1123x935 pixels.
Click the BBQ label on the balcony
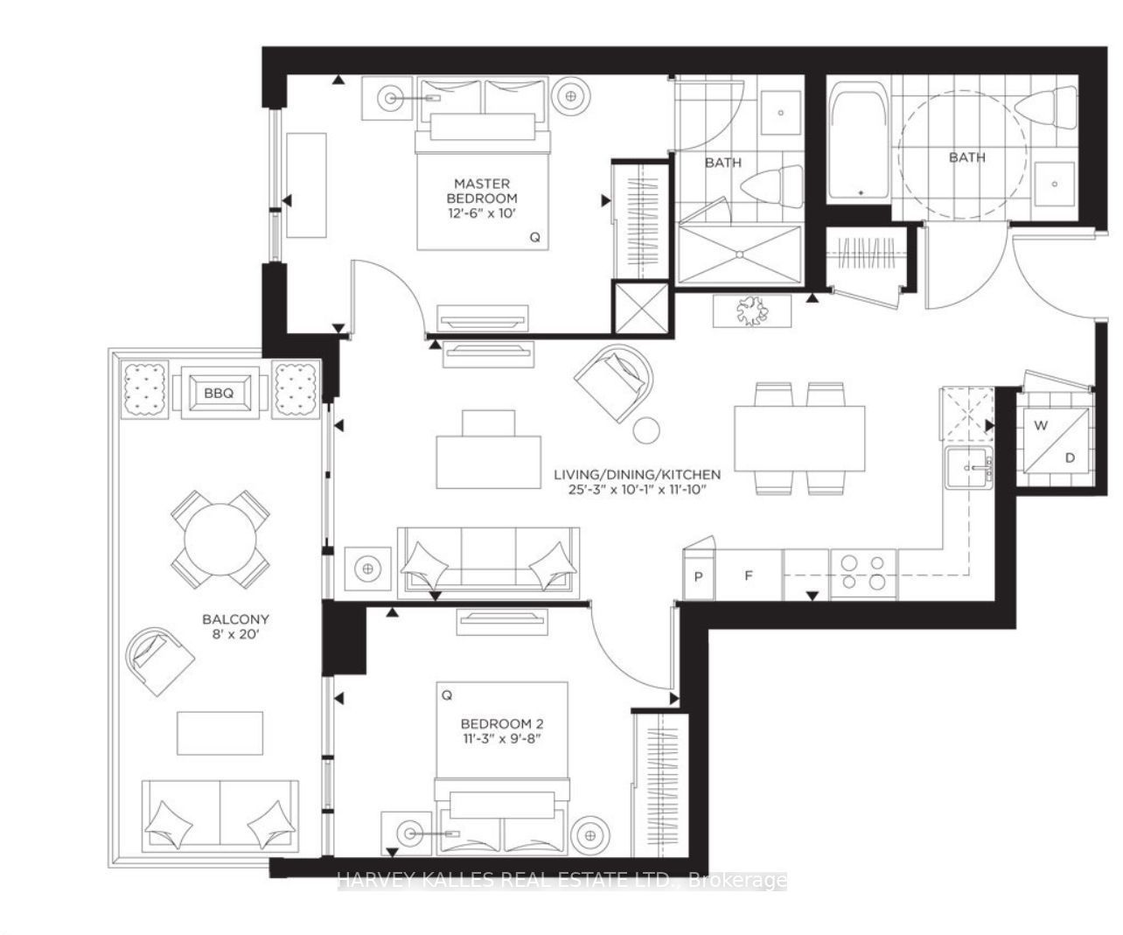[x=219, y=394]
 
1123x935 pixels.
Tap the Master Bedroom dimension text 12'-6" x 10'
[x=481, y=213]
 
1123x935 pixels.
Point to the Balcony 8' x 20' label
[x=235, y=627]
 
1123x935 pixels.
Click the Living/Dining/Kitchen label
[x=638, y=474]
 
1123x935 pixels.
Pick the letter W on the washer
[x=1041, y=426]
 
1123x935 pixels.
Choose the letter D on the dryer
[x=1071, y=457]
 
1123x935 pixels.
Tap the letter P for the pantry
[x=698, y=577]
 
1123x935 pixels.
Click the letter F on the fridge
[x=748, y=576]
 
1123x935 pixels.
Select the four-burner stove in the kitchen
[x=864, y=574]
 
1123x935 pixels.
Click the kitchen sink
[x=969, y=467]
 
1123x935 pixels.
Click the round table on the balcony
[x=220, y=539]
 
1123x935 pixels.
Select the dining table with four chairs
[x=799, y=438]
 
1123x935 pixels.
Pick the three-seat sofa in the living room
[x=488, y=562]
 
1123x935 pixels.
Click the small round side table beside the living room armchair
[x=646, y=430]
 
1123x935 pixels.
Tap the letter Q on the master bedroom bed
[x=534, y=237]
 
